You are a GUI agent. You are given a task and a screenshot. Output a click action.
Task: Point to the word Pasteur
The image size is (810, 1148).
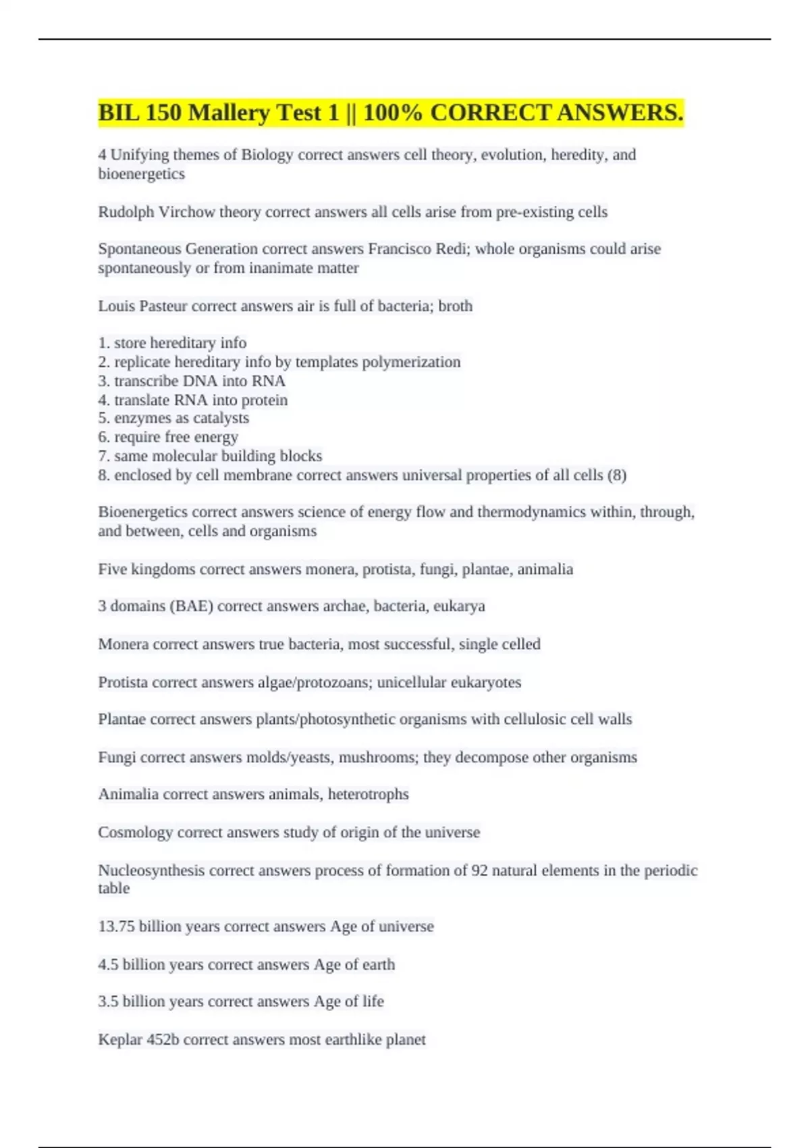(x=163, y=306)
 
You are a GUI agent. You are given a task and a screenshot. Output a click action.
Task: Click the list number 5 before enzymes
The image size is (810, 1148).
(x=103, y=418)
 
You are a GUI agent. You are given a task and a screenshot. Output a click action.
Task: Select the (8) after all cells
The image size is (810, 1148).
(x=617, y=475)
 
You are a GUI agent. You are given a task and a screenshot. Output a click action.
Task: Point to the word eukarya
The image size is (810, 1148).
(x=459, y=606)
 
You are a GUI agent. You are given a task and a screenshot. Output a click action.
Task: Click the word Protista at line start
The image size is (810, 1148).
(x=122, y=682)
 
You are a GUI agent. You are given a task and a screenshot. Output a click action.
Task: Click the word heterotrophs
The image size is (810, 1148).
(x=368, y=794)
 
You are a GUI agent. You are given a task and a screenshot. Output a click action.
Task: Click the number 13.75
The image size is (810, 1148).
(x=116, y=927)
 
